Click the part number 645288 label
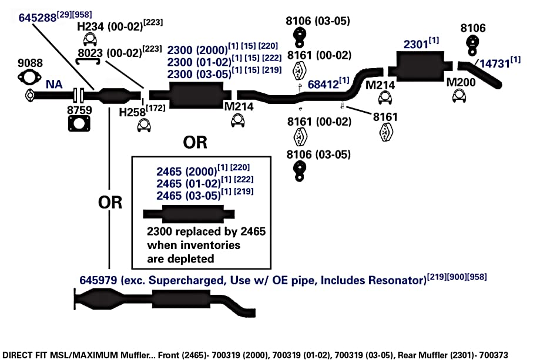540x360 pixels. click(x=38, y=18)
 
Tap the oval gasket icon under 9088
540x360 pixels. click(x=29, y=77)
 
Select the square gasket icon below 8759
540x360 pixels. click(x=79, y=123)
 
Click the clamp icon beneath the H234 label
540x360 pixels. click(x=90, y=40)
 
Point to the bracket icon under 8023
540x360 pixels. click(x=88, y=62)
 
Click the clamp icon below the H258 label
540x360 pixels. click(x=144, y=125)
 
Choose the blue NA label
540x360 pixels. click(x=54, y=85)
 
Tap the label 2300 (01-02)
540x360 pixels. click(x=199, y=62)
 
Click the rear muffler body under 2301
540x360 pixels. click(x=420, y=66)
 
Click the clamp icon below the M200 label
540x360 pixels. click(x=459, y=96)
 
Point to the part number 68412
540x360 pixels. click(x=323, y=85)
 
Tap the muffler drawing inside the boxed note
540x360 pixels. click(x=189, y=214)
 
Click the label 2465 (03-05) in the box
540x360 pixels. click(x=189, y=196)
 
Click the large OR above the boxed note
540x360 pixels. click(x=195, y=142)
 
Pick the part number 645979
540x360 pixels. click(x=98, y=280)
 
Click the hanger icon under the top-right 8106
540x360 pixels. click(x=472, y=45)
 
